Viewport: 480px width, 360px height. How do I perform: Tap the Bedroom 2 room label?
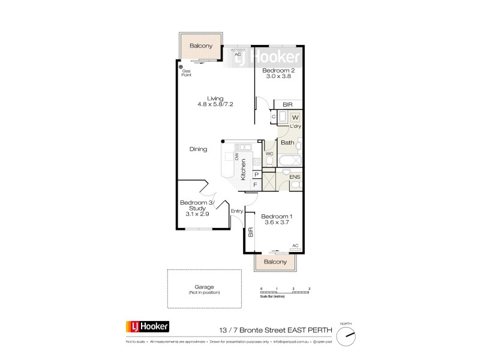278,71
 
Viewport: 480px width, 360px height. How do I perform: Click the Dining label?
198,149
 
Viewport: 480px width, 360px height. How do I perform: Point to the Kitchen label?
244,169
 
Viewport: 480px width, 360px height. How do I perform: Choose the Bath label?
287,143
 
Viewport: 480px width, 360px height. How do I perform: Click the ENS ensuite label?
295,177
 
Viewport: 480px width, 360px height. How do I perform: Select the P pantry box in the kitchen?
256,175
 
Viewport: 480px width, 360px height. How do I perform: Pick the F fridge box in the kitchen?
256,185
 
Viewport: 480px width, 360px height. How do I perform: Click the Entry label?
237,211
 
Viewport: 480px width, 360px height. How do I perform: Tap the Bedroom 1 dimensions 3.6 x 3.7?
278,222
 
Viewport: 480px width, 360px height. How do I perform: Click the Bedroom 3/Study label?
193,206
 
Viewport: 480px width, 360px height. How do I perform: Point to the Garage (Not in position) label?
204,289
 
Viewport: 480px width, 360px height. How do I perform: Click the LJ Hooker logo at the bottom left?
148,327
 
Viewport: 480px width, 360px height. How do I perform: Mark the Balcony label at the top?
201,46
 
